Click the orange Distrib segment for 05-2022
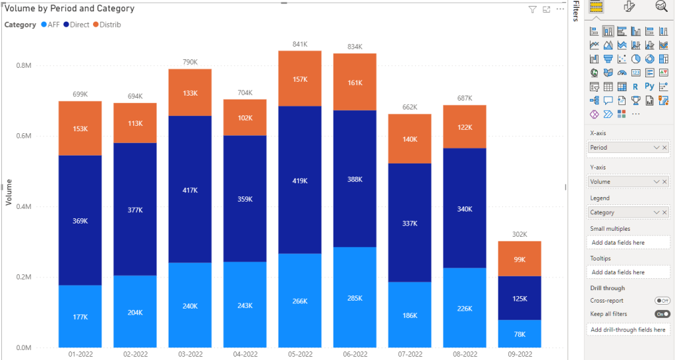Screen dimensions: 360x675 coord(299,78)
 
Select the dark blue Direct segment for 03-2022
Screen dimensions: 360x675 coord(190,190)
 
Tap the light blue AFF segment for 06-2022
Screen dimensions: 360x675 coord(354,297)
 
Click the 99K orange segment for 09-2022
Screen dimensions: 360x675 coord(519,258)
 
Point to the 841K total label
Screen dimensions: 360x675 coord(299,44)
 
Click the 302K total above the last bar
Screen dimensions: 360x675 coord(519,234)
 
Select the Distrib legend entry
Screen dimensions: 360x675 coord(105,24)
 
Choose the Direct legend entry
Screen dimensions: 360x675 coord(75,24)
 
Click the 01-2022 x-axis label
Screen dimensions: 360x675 coord(80,354)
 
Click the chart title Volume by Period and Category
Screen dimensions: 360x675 coord(69,9)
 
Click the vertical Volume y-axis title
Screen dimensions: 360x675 coord(9,192)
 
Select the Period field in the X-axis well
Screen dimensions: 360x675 coord(620,148)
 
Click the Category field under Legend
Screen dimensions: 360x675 coord(620,212)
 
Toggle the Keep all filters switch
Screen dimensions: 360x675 coord(661,314)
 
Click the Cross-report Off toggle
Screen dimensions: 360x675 coord(661,301)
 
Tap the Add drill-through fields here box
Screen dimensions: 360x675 coord(628,330)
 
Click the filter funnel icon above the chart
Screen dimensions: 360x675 coord(533,9)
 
